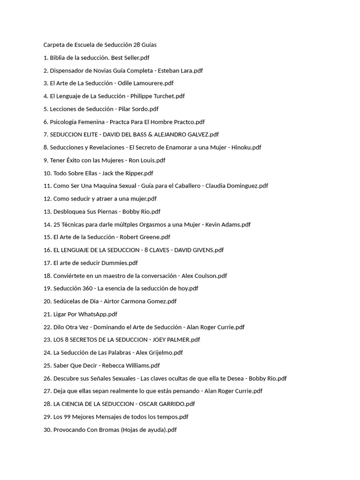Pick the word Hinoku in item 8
click(241, 147)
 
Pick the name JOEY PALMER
click(168, 340)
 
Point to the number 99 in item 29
click(67, 417)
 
